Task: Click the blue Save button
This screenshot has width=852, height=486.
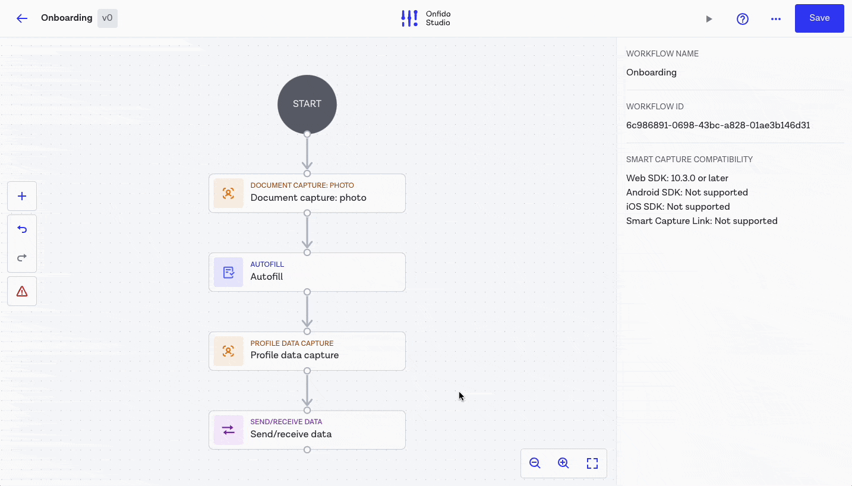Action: [x=819, y=18]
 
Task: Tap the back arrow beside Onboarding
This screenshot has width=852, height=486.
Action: [x=22, y=18]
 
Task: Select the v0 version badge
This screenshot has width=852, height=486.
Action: [x=108, y=18]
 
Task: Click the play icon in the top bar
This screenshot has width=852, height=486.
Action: [x=709, y=19]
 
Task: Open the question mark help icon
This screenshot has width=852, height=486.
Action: [x=742, y=19]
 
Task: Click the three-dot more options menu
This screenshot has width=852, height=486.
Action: [x=775, y=19]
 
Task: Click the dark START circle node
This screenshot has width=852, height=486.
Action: [x=307, y=104]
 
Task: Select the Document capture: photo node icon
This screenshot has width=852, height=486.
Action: [x=229, y=193]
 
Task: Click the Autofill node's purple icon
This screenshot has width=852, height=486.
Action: [x=229, y=272]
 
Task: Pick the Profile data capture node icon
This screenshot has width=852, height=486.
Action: [x=229, y=351]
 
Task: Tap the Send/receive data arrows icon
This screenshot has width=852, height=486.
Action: [x=229, y=430]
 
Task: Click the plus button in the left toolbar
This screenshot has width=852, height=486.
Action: [x=22, y=196]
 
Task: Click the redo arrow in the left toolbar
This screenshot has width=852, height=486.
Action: [x=22, y=258]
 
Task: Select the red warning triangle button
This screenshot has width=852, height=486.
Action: [x=22, y=291]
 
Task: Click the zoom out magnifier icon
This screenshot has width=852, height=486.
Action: [x=535, y=463]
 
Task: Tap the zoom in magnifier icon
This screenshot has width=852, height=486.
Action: [x=563, y=463]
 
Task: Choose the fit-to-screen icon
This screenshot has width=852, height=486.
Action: [x=592, y=463]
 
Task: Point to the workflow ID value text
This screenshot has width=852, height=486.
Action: [x=718, y=125]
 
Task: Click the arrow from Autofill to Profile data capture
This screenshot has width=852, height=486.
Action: [x=307, y=312]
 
